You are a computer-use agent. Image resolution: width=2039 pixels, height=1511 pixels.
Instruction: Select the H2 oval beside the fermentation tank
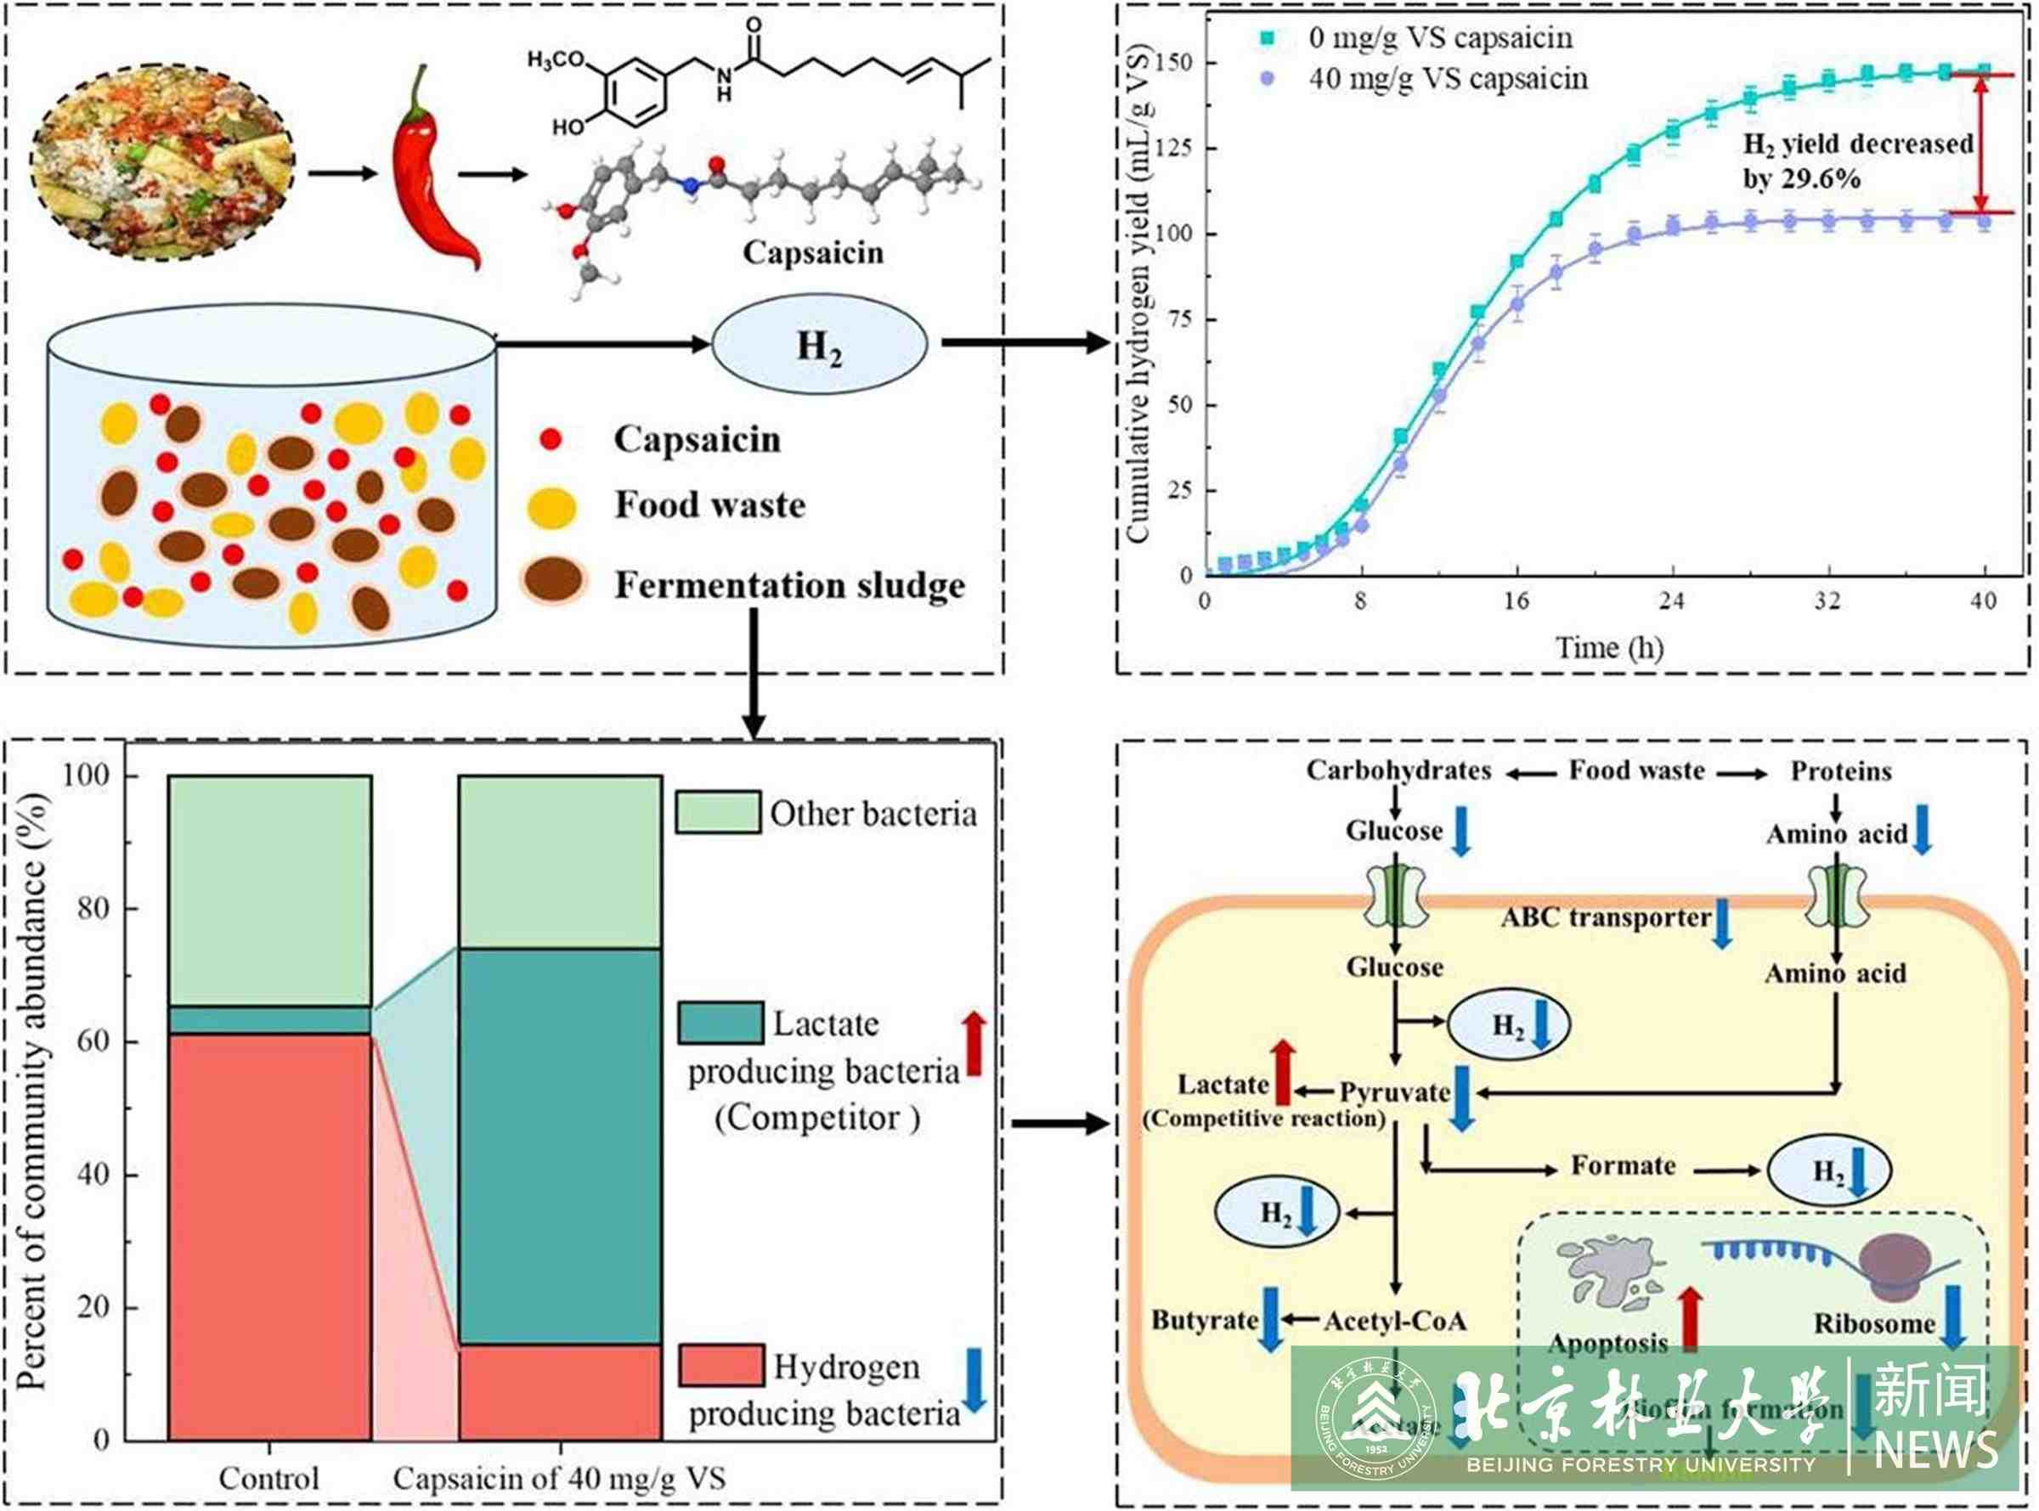click(819, 344)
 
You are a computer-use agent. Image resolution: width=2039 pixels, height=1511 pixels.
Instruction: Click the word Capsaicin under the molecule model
click(812, 253)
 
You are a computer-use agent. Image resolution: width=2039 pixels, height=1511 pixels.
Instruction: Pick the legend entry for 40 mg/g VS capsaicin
click(1447, 79)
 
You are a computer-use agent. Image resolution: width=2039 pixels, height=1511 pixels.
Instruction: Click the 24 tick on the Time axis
click(1671, 601)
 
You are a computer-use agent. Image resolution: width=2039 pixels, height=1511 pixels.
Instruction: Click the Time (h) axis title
click(1609, 647)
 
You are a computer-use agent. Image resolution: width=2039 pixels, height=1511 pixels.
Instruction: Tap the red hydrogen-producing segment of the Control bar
click(270, 1235)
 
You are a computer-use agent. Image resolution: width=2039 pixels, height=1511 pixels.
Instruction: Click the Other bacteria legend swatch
click(717, 812)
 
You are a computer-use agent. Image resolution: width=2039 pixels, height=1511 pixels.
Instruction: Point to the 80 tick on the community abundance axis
click(105, 908)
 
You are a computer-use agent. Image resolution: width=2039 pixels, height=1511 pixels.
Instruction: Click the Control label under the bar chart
click(269, 1478)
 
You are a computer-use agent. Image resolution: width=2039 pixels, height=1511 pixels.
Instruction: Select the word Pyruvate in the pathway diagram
click(1394, 1092)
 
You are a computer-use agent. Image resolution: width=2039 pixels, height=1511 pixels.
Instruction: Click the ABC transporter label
click(1606, 917)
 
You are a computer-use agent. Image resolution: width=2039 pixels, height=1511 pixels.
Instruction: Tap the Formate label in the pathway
click(1623, 1165)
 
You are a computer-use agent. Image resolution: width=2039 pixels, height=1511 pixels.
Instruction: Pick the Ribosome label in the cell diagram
click(1874, 1323)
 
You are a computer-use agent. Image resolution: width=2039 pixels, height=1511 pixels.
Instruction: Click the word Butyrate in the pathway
click(1204, 1320)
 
